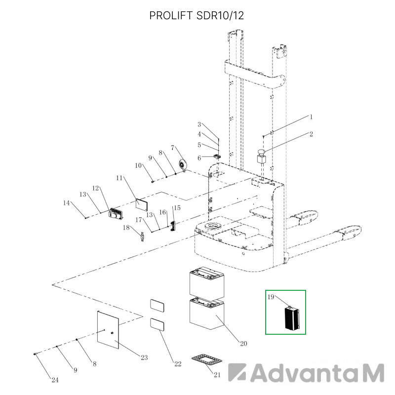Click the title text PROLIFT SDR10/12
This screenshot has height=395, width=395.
coord(197,15)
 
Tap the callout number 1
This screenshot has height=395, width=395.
coord(311,117)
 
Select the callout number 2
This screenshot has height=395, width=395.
coord(311,134)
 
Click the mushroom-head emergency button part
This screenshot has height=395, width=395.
coord(262,157)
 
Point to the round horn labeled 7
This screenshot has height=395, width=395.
coord(182,165)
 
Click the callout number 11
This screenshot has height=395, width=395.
coord(119,178)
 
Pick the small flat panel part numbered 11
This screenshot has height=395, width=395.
coord(142,204)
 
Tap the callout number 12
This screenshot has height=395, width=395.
coord(95,188)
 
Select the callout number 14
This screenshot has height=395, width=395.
coord(66,203)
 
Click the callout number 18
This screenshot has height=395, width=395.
coord(126,228)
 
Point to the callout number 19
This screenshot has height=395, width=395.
coord(271,297)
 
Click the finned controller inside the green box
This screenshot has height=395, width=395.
coord(292,318)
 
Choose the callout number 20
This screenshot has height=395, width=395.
coord(243,343)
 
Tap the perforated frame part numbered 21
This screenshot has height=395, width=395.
coord(207,359)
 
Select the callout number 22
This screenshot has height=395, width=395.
coord(178,364)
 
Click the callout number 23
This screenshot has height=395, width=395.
coord(144,357)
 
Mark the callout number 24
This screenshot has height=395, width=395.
coord(55,380)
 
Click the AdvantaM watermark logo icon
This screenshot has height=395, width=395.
coord(237,372)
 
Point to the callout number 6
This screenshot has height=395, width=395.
coord(199,158)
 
